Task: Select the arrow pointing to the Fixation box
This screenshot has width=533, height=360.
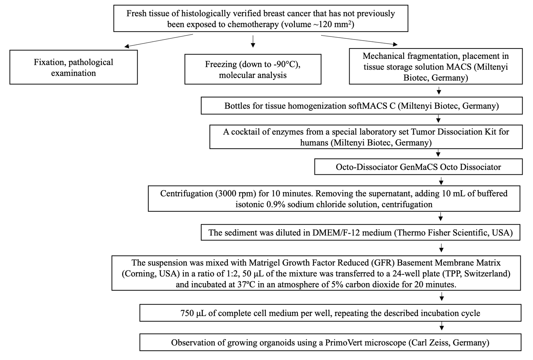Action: click(x=158, y=41)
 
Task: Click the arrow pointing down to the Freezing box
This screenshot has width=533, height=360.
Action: click(x=253, y=41)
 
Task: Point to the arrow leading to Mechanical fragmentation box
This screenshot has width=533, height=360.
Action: click(x=359, y=40)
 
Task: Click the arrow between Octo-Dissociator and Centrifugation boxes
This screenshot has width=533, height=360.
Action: click(x=441, y=181)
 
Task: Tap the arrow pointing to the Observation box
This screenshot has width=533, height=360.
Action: click(x=442, y=326)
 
